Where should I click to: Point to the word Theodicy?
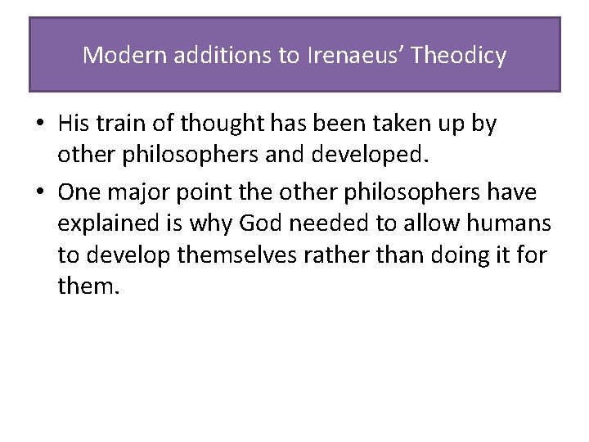coord(459,56)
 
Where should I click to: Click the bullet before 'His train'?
coord(39,124)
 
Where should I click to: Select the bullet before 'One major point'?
coord(39,192)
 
